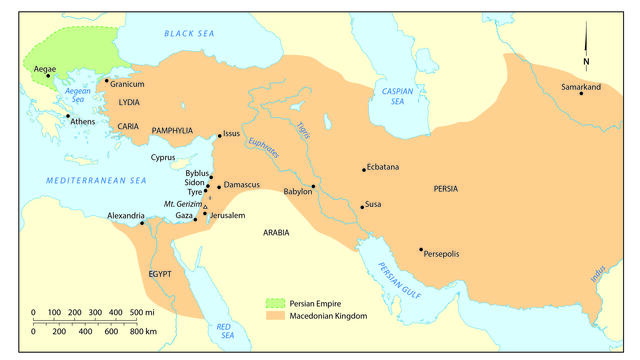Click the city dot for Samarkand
coord(581,93)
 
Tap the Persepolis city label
coord(441,254)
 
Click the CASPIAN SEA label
coord(397,96)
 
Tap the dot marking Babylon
coord(313,186)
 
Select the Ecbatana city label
coord(386,167)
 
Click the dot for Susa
coord(362,207)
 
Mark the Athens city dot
coord(68,116)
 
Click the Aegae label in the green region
coord(45,68)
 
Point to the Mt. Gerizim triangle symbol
coord(205,204)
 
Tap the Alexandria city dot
coord(142,222)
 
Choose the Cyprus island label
coord(162,158)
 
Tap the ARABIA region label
coord(276,232)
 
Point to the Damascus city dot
coord(219,186)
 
